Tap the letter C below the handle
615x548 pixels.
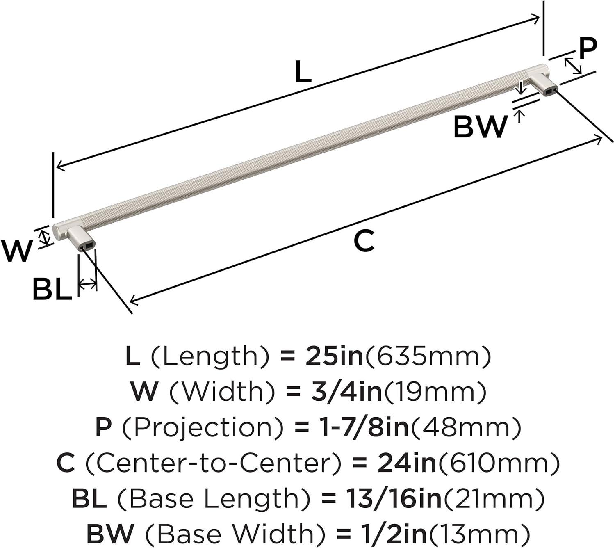[x=364, y=241]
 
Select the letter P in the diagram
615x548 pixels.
[x=588, y=48]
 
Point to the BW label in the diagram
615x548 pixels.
[x=480, y=127]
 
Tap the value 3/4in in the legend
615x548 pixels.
[x=346, y=392]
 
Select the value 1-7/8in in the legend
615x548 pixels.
[x=364, y=427]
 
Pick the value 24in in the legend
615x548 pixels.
[x=407, y=463]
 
